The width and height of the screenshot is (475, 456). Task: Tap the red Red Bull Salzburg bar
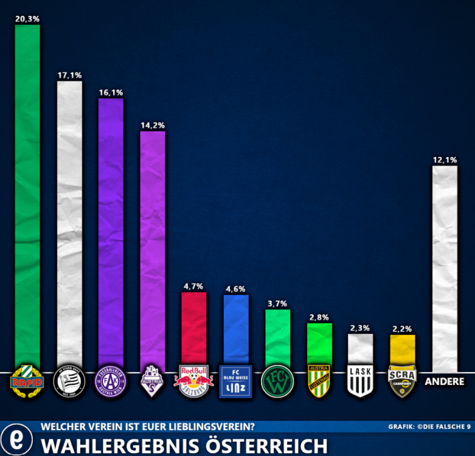point(194,328)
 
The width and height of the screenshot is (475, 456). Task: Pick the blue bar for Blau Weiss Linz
point(236,330)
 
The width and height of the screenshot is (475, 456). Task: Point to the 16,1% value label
point(111,92)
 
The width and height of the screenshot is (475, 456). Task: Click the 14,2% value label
point(153,125)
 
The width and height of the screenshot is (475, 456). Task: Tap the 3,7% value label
point(277,303)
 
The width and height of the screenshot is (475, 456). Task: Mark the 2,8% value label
point(319,317)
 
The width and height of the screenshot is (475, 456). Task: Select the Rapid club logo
point(27,381)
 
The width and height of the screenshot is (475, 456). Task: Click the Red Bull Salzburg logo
point(194,381)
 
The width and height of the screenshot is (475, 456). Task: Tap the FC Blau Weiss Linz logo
point(236,382)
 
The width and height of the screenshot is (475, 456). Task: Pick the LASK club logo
point(361,381)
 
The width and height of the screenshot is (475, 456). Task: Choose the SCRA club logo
point(402,381)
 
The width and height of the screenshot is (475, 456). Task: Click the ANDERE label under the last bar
point(444,382)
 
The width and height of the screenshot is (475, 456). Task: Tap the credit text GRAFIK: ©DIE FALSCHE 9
point(429,427)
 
